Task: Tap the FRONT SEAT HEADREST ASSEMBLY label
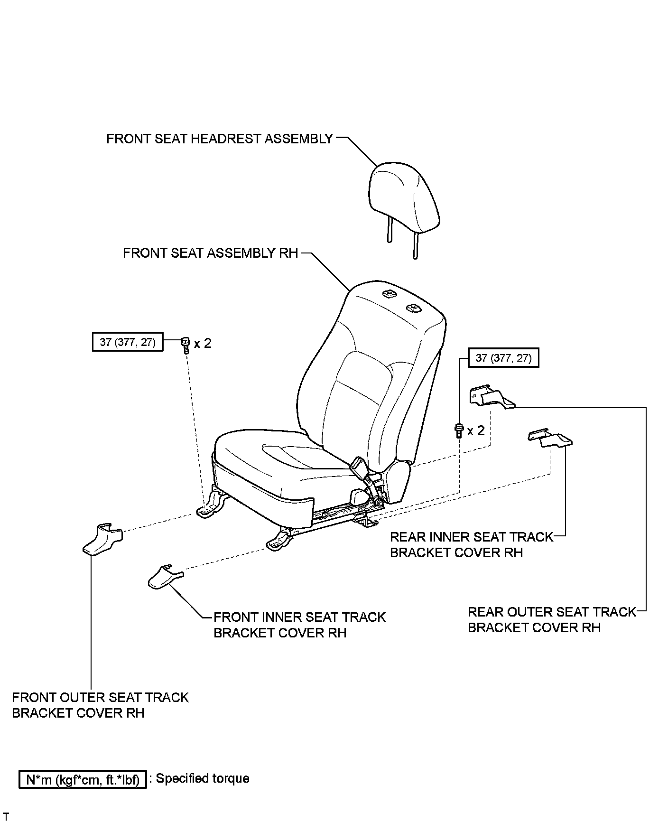click(x=219, y=139)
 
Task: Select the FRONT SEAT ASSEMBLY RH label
click(x=210, y=253)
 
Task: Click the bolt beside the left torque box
click(x=186, y=344)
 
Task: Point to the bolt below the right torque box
click(x=459, y=430)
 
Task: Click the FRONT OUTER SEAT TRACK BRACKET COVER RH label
click(x=100, y=705)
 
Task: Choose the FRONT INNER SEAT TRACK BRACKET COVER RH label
click(x=299, y=625)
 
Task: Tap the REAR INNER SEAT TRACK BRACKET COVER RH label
click(x=471, y=544)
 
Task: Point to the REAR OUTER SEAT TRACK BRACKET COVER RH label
click(x=551, y=619)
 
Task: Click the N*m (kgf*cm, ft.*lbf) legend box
click(x=83, y=780)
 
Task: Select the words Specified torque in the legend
click(x=203, y=779)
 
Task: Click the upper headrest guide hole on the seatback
click(x=389, y=294)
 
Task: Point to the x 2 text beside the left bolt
click(x=203, y=343)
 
